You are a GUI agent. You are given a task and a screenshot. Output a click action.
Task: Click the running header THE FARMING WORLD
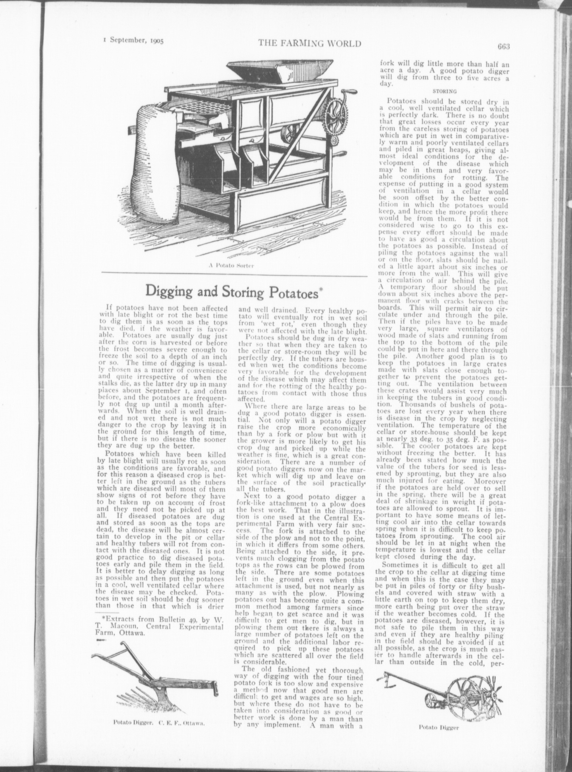click(310, 44)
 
